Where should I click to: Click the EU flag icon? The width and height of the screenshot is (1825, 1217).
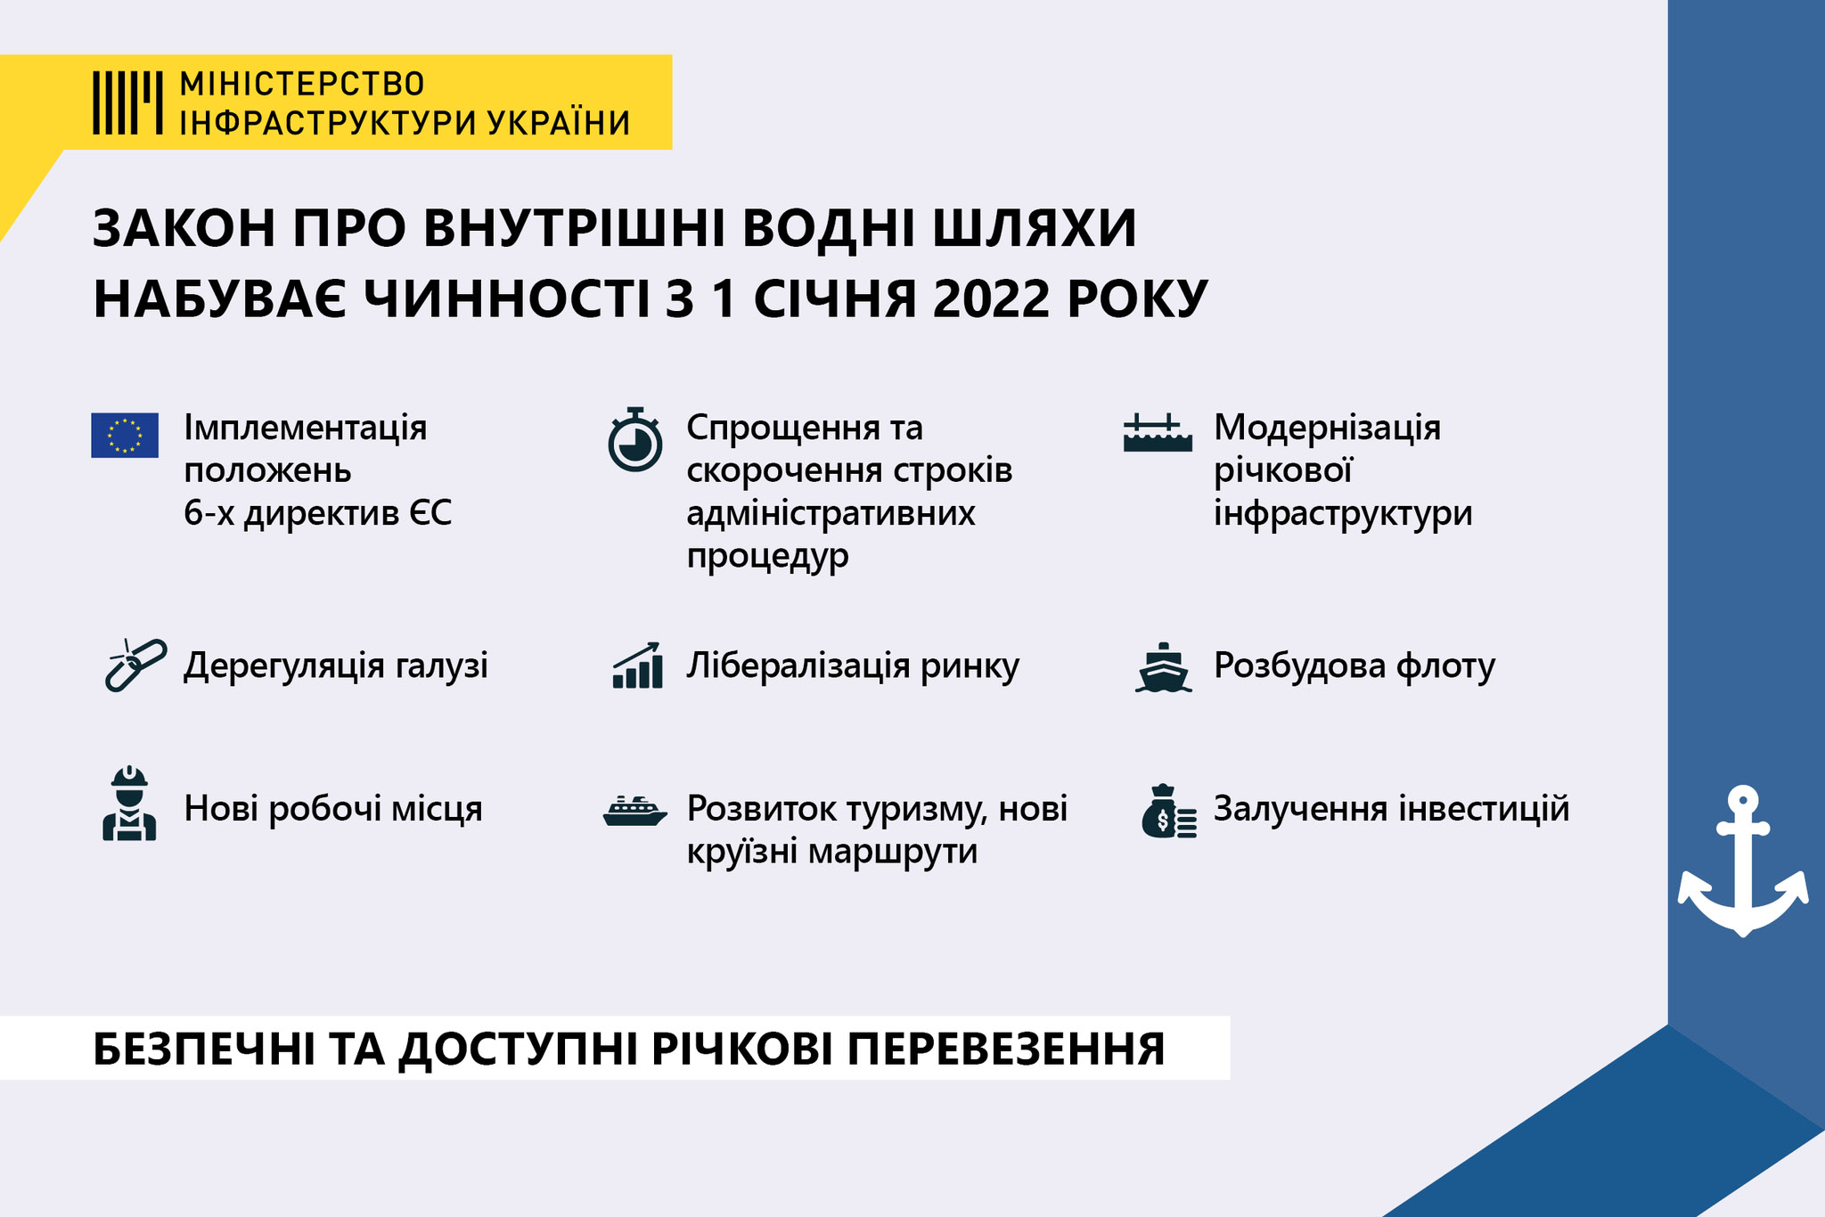pyautogui.click(x=125, y=435)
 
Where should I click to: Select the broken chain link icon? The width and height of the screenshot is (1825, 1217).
pyautogui.click(x=135, y=665)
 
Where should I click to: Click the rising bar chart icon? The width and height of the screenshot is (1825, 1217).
pyautogui.click(x=637, y=666)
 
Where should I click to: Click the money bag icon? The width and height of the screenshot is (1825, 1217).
pyautogui.click(x=1168, y=812)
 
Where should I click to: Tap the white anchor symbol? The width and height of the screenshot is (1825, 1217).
pyautogui.click(x=1743, y=861)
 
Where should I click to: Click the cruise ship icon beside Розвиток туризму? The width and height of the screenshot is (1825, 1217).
pyautogui.click(x=634, y=811)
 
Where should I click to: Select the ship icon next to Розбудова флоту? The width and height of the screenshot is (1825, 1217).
pyautogui.click(x=1163, y=667)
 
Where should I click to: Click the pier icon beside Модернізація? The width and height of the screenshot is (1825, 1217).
pyautogui.click(x=1158, y=433)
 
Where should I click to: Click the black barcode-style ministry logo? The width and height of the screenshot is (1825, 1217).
pyautogui.click(x=127, y=102)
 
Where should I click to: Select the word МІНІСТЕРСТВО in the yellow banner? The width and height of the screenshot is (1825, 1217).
pyautogui.click(x=302, y=84)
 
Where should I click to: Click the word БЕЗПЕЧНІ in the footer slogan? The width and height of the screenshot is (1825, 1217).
pyautogui.click(x=203, y=1050)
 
